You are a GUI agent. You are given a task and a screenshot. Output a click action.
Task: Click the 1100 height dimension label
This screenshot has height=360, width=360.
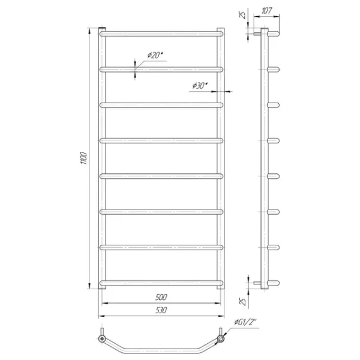83,158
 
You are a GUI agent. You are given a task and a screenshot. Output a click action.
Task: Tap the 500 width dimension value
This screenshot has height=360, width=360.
161,297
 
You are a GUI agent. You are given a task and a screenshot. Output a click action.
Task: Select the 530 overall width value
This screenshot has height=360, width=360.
161,310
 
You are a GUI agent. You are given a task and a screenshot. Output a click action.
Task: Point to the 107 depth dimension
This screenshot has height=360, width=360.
266,11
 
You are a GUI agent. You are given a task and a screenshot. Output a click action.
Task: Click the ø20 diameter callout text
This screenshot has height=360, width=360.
155,55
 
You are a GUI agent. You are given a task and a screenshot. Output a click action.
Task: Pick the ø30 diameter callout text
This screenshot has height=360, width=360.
200,86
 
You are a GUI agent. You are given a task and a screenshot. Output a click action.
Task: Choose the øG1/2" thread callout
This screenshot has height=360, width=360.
245,322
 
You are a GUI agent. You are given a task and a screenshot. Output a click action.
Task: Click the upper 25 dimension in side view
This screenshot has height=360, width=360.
242,14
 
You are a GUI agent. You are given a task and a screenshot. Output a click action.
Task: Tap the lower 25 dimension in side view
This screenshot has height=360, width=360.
242,301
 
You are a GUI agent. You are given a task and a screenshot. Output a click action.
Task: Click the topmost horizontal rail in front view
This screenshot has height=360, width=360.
161,34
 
